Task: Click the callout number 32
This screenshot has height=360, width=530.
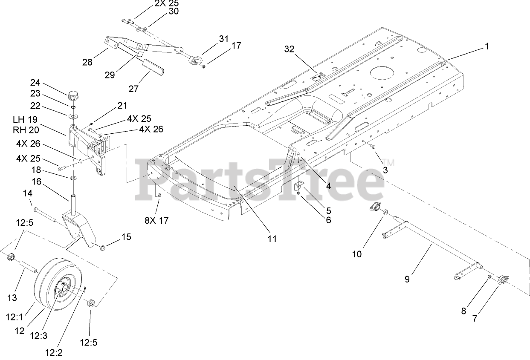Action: (289, 49)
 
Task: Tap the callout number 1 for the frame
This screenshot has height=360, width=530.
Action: (487, 47)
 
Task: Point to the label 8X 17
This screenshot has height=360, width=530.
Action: (157, 220)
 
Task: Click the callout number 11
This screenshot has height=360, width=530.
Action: (272, 239)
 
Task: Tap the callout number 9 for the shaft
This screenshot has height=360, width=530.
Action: (407, 279)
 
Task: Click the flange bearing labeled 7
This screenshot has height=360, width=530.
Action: (503, 279)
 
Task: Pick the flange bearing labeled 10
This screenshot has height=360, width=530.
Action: (375, 208)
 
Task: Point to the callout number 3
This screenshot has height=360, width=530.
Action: (385, 170)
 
